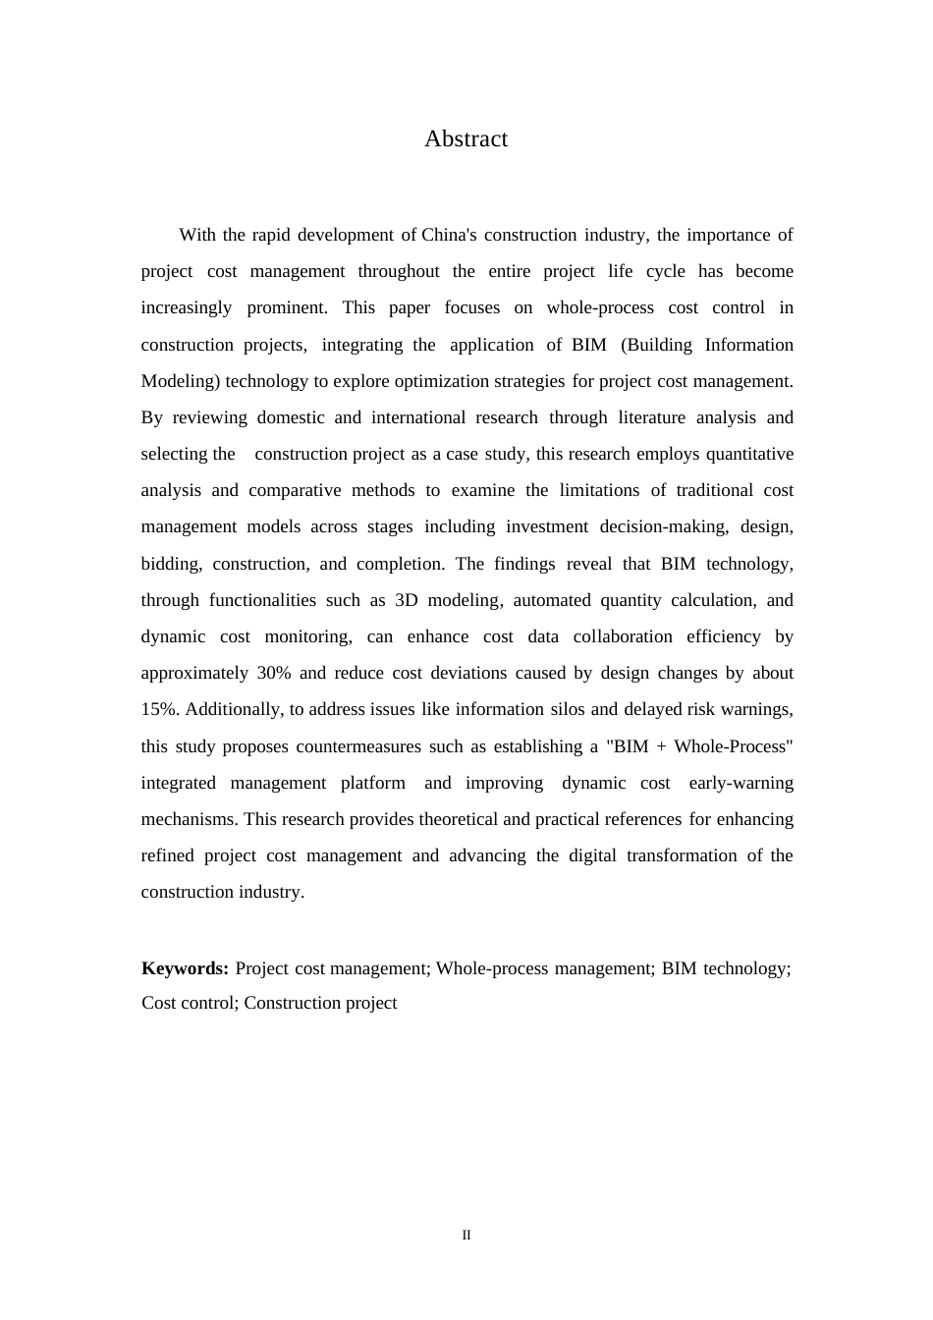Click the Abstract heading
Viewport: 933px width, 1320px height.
pos(466,138)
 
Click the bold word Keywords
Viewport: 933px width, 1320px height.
pos(185,968)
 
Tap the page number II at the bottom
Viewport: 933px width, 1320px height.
pos(466,1235)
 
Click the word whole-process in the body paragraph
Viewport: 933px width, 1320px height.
pos(600,307)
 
